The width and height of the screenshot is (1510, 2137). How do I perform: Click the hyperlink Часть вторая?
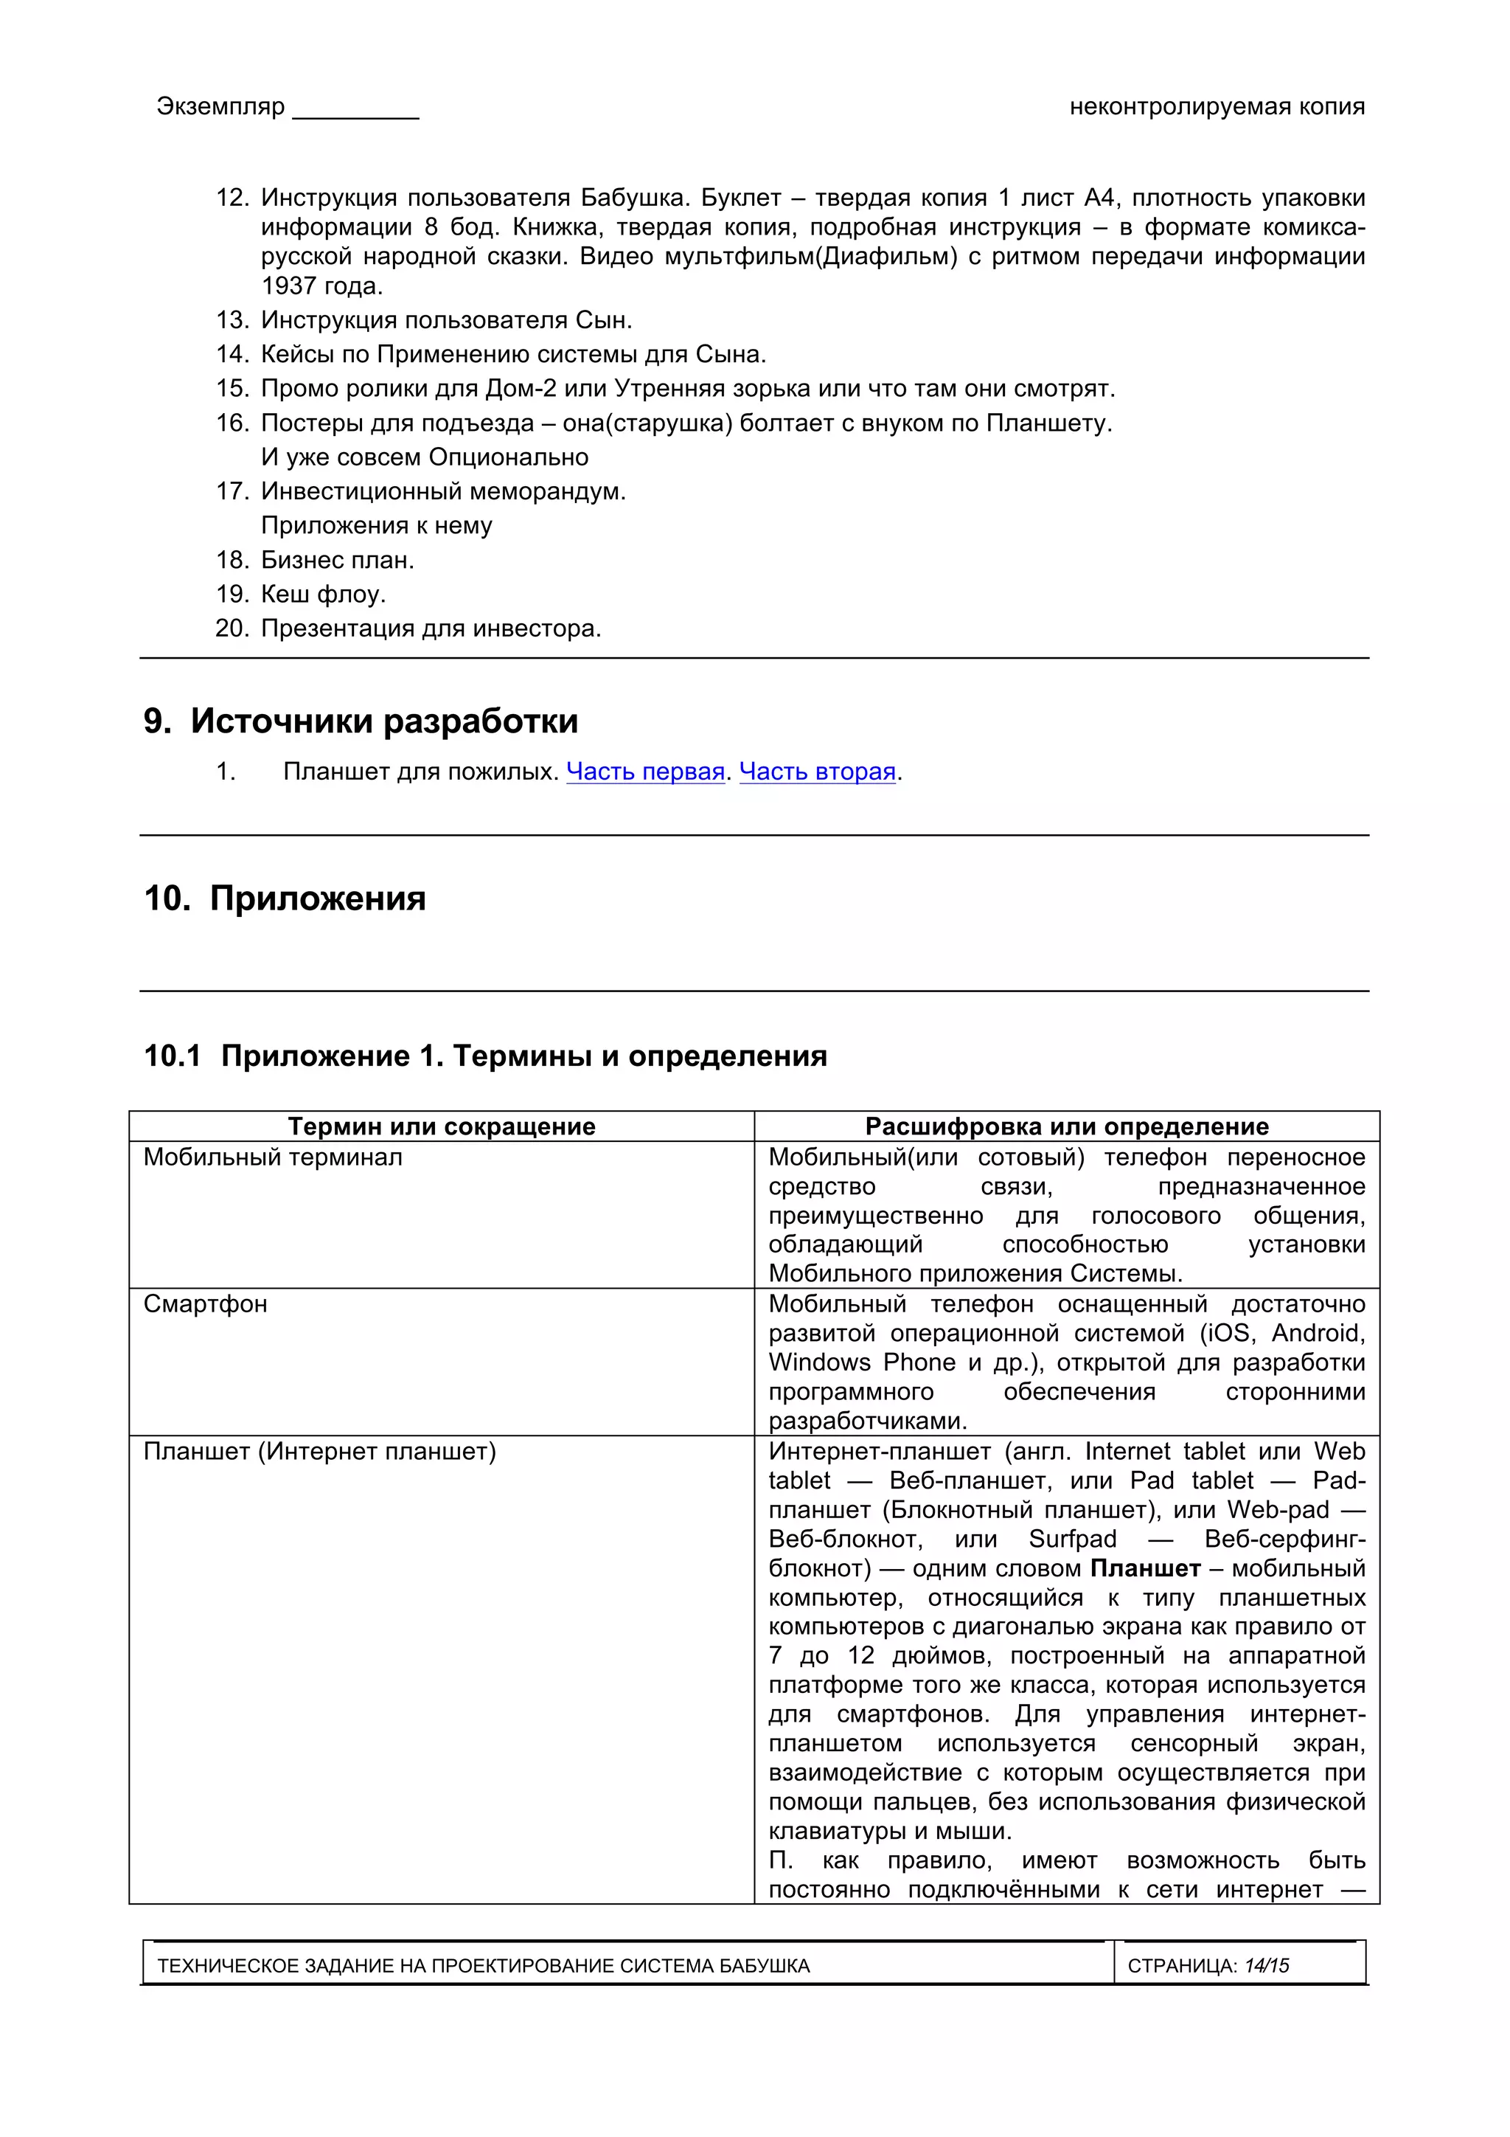pyautogui.click(x=817, y=772)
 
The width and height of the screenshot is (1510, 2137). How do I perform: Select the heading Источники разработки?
pyautogui.click(x=383, y=721)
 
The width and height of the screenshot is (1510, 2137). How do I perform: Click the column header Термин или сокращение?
pyautogui.click(x=441, y=1126)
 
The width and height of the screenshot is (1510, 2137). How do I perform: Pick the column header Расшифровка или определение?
pyautogui.click(x=1066, y=1126)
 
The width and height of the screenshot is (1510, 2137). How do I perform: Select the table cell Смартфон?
pyautogui.click(x=206, y=1304)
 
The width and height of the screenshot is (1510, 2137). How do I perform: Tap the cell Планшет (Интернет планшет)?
pyautogui.click(x=319, y=1451)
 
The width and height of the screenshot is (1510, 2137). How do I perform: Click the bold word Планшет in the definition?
pyautogui.click(x=1144, y=1568)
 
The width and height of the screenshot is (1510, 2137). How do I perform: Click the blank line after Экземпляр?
pyautogui.click(x=355, y=110)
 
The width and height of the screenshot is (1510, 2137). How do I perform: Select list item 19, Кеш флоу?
pyautogui.click(x=323, y=594)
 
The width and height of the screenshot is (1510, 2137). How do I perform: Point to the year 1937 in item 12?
pyautogui.click(x=288, y=285)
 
